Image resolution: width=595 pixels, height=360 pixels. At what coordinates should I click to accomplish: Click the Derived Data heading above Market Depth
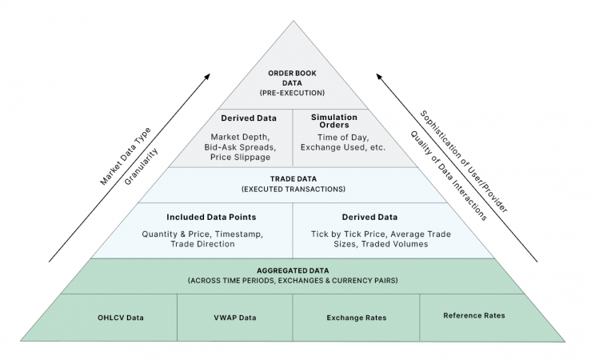tap(248, 118)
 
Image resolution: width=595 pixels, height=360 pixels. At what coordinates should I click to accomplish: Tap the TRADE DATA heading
tap(293, 179)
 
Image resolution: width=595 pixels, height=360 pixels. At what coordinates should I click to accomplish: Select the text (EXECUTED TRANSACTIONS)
tap(293, 190)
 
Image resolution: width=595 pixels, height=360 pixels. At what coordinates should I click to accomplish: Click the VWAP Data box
tap(234, 318)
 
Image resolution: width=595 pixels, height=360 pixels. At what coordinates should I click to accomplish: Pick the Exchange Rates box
tap(356, 318)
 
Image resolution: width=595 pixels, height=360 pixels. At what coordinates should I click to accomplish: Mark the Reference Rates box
tap(473, 316)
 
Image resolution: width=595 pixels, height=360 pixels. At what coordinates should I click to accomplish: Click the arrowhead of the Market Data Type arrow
tap(207, 75)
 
